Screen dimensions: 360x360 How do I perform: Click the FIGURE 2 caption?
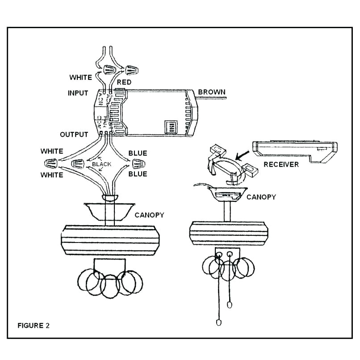(x=33, y=325)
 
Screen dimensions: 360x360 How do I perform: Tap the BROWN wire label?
(x=212, y=92)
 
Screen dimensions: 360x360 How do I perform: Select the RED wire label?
(x=124, y=83)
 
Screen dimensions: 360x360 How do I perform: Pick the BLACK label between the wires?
(x=101, y=164)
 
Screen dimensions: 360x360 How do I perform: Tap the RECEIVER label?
(x=281, y=164)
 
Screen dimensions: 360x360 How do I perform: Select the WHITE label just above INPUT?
(x=80, y=77)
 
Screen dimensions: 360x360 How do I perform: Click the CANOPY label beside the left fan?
(x=149, y=215)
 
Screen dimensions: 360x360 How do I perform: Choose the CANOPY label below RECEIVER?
(x=261, y=197)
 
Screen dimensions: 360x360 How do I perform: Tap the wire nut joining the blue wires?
(x=138, y=162)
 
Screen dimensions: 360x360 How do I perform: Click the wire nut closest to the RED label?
(x=130, y=70)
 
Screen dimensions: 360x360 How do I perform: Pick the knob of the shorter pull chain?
(x=230, y=305)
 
